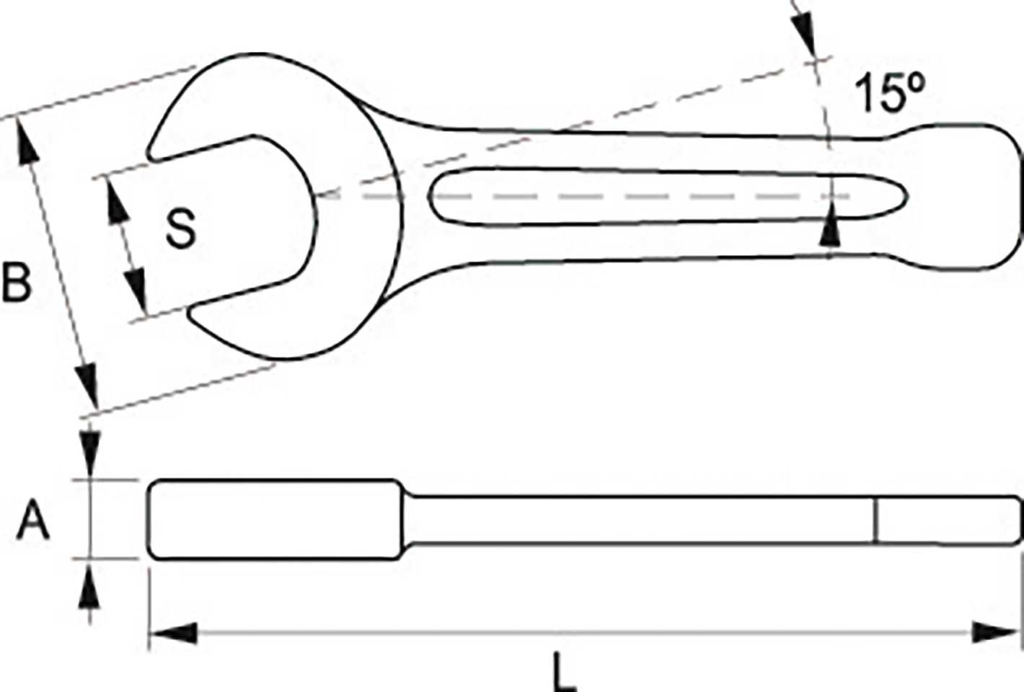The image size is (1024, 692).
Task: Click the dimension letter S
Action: (x=180, y=229)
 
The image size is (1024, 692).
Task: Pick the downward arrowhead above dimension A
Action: (x=89, y=451)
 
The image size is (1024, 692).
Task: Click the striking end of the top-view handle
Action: (x=966, y=198)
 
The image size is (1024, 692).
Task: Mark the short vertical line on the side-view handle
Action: (x=874, y=520)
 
